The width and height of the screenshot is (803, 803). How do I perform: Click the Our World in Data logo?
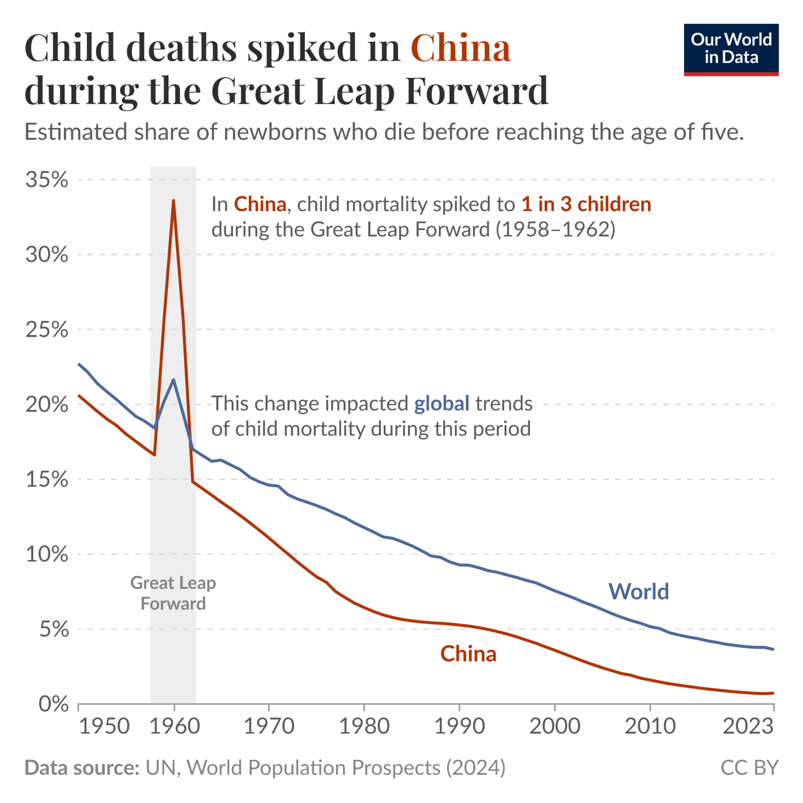pyautogui.click(x=730, y=49)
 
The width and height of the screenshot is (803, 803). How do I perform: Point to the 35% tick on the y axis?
pyautogui.click(x=46, y=179)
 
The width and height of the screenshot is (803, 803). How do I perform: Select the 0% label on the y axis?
pyautogui.click(x=53, y=704)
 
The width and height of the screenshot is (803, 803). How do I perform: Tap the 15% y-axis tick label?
pyautogui.click(x=46, y=479)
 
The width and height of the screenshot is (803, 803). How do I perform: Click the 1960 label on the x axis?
pyautogui.click(x=174, y=726)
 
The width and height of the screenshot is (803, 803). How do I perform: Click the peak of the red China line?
pyautogui.click(x=174, y=200)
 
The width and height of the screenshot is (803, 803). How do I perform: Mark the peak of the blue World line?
pyautogui.click(x=174, y=379)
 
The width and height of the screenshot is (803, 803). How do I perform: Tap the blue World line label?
pyautogui.click(x=638, y=591)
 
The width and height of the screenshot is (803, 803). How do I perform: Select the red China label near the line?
pyautogui.click(x=468, y=654)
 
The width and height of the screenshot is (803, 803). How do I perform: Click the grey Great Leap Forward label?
pyautogui.click(x=173, y=593)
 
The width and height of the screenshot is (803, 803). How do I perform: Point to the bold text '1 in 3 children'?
pyautogui.click(x=586, y=204)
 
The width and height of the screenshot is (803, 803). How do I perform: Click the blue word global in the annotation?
pyautogui.click(x=441, y=403)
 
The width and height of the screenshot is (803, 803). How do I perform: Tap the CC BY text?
pyautogui.click(x=749, y=767)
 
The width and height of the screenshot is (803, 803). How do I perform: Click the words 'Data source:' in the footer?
pyautogui.click(x=81, y=767)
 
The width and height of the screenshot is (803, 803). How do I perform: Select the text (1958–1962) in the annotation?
pyautogui.click(x=556, y=229)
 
